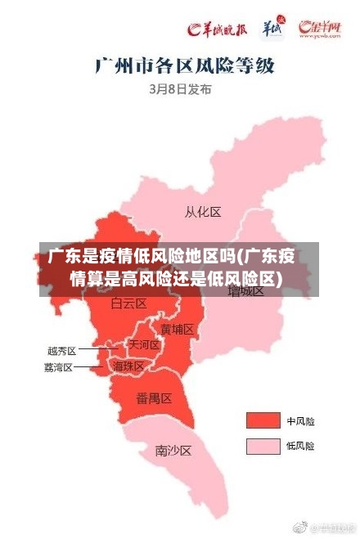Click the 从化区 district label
point(203,212)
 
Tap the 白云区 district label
point(128,303)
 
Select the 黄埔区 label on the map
point(177,330)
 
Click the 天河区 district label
point(144,346)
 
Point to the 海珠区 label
point(128,366)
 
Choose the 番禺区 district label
point(154,398)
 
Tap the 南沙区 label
point(173,450)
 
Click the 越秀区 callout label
point(61,350)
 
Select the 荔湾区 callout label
point(59,367)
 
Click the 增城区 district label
point(245,290)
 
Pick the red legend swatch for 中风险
point(263,420)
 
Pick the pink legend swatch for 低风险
point(263,446)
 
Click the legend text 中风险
point(300,421)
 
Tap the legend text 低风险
point(300,447)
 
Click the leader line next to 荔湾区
point(88,367)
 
